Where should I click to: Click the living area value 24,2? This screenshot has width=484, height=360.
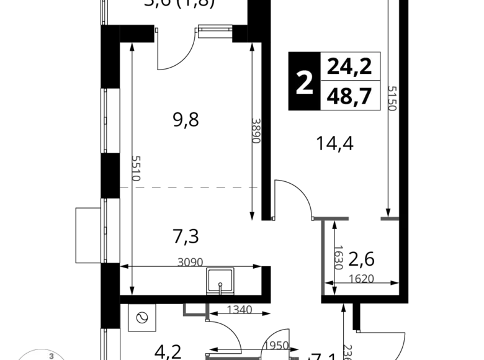tap(349, 66)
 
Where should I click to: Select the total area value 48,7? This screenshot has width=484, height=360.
tap(349, 96)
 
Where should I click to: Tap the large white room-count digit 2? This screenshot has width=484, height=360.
tap(304, 83)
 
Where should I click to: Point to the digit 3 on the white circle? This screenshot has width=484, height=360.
tap(52, 356)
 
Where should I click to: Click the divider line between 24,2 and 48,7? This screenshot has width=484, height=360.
tap(350, 81)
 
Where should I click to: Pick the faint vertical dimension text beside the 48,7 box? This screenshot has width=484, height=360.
tap(392, 99)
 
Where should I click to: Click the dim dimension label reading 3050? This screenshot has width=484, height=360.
tap(189, 260)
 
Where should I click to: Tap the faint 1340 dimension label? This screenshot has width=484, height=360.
tap(239, 308)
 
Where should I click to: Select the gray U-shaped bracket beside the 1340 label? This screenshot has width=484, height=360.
tap(194, 312)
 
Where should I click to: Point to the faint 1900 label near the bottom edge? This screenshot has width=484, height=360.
tap(276, 345)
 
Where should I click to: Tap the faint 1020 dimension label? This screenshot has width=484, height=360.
tap(362, 278)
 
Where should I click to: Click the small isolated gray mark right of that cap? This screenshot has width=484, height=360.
tap(388, 218)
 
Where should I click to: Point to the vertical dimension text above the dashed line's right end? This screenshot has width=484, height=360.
tap(254, 129)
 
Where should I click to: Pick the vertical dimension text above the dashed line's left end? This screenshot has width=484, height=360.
tap(137, 168)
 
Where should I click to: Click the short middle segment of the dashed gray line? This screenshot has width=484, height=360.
tap(189, 186)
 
